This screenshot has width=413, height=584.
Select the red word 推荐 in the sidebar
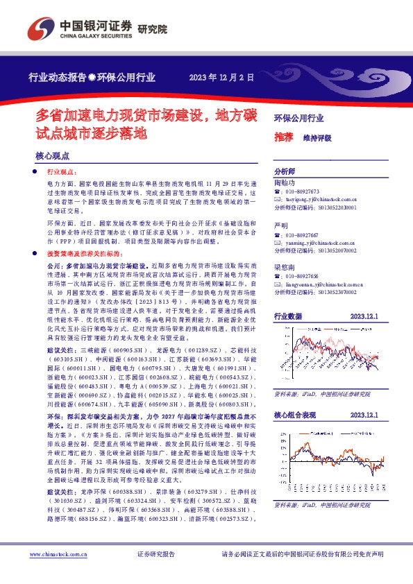[x=283, y=137]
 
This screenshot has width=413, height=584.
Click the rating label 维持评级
[x=317, y=138]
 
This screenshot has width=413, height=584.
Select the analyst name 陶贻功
[x=284, y=183]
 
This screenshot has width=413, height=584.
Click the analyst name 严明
[x=280, y=227]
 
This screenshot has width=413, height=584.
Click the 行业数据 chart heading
[x=288, y=316]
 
